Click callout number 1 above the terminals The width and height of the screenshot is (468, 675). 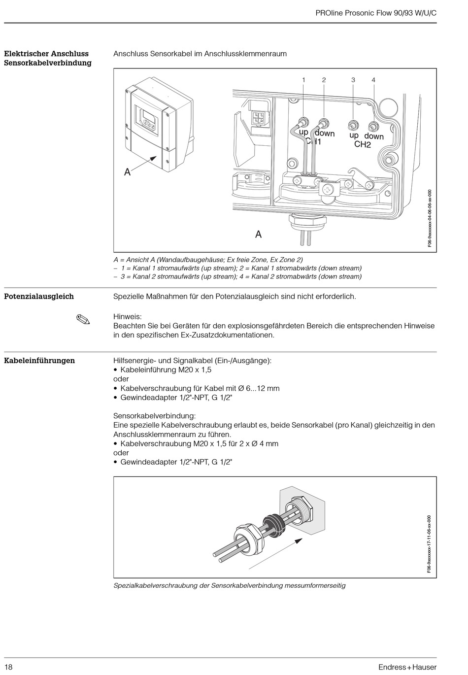pos(303,80)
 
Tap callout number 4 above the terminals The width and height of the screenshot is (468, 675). pos(373,80)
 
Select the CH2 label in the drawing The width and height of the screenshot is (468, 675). pos(362,145)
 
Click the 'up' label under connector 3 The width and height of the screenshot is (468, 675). pos(354,135)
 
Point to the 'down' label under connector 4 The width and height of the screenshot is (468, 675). pos(374,136)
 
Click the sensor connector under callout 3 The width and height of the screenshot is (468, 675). pos(353,124)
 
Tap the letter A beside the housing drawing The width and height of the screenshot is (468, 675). pos(128,172)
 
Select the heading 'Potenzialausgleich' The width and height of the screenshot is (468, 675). pos(39,297)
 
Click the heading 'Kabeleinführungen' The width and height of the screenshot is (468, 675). pos(39,361)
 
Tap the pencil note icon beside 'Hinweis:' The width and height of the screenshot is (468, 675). pos(83,319)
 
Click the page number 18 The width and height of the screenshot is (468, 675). pos(8,667)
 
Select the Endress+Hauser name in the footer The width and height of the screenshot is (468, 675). pos(407,667)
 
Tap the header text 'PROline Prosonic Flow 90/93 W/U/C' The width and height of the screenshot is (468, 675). pos(376,14)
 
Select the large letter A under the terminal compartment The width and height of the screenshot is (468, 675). pos(258,235)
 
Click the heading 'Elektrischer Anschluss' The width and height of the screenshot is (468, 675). pos(46,54)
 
